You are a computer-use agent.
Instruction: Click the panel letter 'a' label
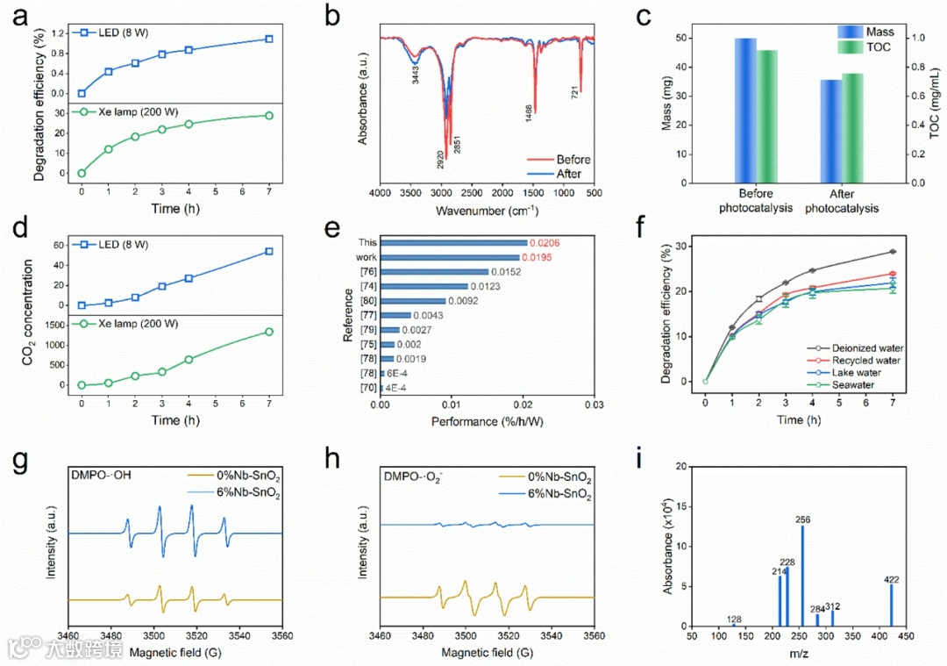[15, 17]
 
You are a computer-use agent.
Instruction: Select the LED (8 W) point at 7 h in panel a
[268, 39]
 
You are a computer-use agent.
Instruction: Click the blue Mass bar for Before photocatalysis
[745, 111]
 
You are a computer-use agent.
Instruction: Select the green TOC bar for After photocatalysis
[853, 128]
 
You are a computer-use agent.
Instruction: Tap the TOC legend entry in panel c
[878, 47]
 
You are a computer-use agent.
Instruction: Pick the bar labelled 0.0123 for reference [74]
[424, 286]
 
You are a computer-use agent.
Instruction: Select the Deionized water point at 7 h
[893, 252]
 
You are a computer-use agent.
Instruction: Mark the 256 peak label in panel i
[802, 519]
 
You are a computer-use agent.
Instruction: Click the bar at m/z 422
[892, 605]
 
